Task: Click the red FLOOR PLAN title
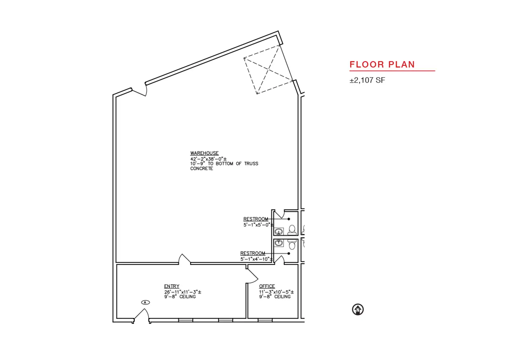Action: [x=382, y=65]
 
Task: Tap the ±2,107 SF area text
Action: [x=367, y=80]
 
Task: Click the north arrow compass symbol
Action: [x=358, y=309]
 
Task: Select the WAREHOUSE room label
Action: [x=204, y=153]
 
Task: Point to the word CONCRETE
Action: [x=202, y=168]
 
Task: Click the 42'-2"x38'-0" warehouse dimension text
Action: [x=208, y=159]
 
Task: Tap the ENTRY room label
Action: [x=172, y=286]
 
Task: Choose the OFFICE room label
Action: [x=267, y=286]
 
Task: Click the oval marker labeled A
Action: [x=145, y=302]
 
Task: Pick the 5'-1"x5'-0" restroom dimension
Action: [x=258, y=225]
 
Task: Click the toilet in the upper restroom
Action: [x=292, y=230]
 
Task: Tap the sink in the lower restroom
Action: [x=278, y=243]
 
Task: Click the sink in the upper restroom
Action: [x=279, y=232]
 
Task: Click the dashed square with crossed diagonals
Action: [x=268, y=70]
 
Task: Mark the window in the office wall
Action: [x=265, y=320]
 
